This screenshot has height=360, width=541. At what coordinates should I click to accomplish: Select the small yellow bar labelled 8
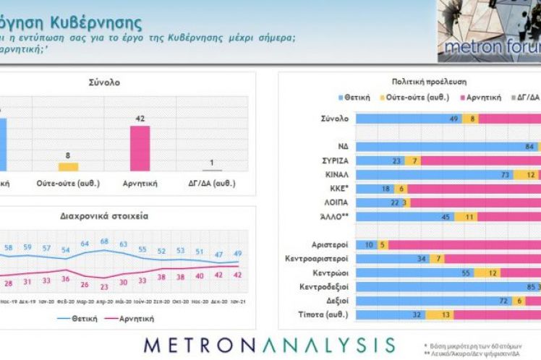point(68,166)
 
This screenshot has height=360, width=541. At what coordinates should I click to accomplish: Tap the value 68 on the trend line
point(104,241)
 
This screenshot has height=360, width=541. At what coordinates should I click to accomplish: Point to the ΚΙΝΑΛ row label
point(336,174)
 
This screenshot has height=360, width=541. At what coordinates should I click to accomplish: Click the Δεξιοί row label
point(337,301)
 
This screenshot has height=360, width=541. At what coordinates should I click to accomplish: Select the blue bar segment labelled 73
point(434,174)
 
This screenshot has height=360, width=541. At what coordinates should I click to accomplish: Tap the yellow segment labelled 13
point(444,314)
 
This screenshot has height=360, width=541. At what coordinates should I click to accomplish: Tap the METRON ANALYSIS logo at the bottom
point(270,343)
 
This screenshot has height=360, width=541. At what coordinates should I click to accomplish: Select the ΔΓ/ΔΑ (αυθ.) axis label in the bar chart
point(210,184)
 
